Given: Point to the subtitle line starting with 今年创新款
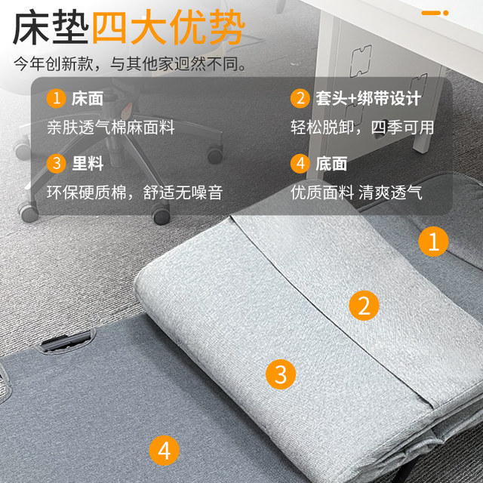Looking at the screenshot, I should coord(129,64).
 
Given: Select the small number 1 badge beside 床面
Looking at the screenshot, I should coord(55,99).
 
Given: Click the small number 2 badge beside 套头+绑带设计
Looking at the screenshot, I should coord(300,99).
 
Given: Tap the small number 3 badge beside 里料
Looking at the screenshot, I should coord(55,164).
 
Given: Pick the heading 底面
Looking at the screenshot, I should coord(332,164).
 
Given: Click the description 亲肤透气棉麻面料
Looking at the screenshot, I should coord(110,128).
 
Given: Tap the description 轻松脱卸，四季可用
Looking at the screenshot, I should coord(362,128).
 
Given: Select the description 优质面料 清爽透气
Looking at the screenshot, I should coord(356,192).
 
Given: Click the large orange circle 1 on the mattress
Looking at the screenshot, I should coord(433,241).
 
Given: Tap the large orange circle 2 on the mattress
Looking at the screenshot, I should coord(363,306).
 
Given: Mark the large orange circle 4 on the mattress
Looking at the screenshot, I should coord(164,451).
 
